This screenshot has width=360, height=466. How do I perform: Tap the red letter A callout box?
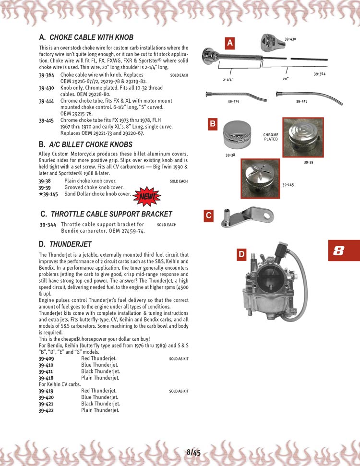coord(230,43)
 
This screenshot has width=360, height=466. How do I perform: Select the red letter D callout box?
coord(242,254)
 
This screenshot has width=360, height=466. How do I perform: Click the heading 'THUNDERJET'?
coord(71,244)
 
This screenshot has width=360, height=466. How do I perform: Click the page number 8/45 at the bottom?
coord(193,452)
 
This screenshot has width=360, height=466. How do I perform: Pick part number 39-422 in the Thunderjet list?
coord(46,410)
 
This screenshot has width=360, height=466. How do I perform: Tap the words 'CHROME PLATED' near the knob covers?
coord(271,137)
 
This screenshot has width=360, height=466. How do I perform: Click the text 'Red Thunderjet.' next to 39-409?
coord(98,358)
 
